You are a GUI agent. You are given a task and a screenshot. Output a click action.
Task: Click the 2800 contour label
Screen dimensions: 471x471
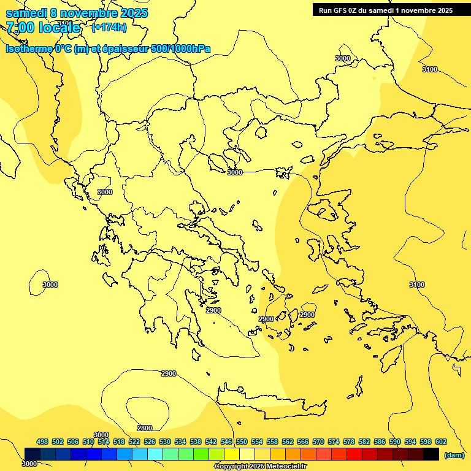(x=145, y=428)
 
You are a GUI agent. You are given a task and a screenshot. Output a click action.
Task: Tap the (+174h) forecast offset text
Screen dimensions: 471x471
(x=109, y=27)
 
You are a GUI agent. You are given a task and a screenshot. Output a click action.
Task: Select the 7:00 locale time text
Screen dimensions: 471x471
(x=43, y=28)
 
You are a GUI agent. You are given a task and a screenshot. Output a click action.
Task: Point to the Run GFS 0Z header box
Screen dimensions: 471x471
(x=386, y=10)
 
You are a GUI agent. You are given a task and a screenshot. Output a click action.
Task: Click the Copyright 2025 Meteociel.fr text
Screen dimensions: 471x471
(x=260, y=467)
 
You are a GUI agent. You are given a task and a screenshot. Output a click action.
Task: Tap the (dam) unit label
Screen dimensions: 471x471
(x=454, y=455)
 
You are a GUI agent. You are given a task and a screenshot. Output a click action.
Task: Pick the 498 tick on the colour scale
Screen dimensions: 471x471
(x=42, y=442)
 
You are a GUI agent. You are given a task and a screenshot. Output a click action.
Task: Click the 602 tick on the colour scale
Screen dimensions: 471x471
(x=441, y=442)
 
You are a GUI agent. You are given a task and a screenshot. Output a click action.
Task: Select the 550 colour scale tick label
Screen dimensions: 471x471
(x=242, y=442)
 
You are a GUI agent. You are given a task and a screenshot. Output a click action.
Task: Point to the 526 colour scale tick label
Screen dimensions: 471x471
(x=150, y=442)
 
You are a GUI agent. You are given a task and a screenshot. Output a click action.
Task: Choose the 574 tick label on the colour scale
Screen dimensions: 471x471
(x=334, y=442)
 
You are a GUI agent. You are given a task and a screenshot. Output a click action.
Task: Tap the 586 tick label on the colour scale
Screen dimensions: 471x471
(x=380, y=442)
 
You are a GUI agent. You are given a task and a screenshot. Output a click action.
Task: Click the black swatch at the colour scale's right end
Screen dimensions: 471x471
(x=431, y=454)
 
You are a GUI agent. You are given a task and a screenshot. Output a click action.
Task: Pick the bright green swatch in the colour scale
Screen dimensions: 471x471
(x=201, y=454)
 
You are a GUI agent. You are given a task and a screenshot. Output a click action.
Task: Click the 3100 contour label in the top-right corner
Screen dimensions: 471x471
(x=430, y=69)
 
